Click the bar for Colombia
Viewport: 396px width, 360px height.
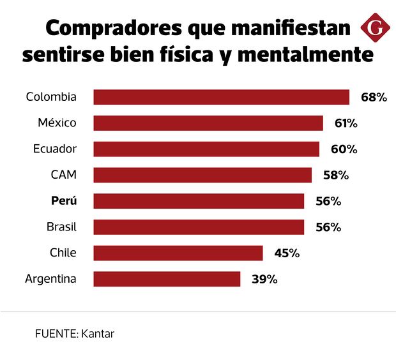coord(221,97)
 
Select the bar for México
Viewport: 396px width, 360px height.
coord(208,123)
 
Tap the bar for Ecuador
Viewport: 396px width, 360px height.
coord(206,149)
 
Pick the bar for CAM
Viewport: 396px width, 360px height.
coord(202,175)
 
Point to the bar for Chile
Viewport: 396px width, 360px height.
coord(178,253)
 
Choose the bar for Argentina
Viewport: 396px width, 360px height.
coord(167,279)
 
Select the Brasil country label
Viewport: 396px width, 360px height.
coord(61,227)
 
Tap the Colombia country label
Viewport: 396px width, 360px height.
coord(51,97)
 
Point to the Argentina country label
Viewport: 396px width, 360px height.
coord(50,279)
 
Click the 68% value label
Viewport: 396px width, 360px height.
coord(374,98)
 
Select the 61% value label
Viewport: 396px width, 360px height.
coord(346,123)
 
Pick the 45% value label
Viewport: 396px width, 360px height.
coord(287,253)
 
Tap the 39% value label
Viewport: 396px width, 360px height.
coord(264,279)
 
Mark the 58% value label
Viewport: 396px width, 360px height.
coord(336,175)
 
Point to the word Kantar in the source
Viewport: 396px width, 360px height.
coord(98,333)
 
